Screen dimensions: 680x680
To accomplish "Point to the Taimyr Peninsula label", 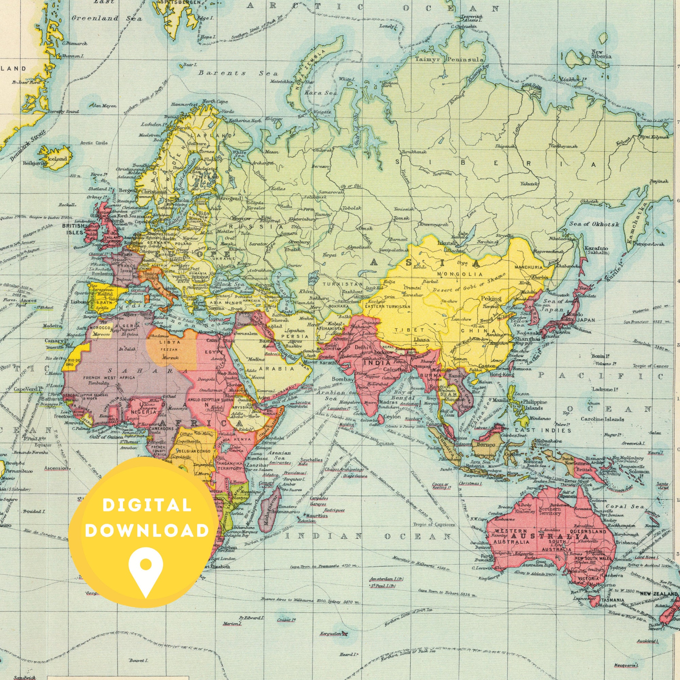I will tap(449, 60).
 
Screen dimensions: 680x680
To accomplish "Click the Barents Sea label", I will tap(238, 73).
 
